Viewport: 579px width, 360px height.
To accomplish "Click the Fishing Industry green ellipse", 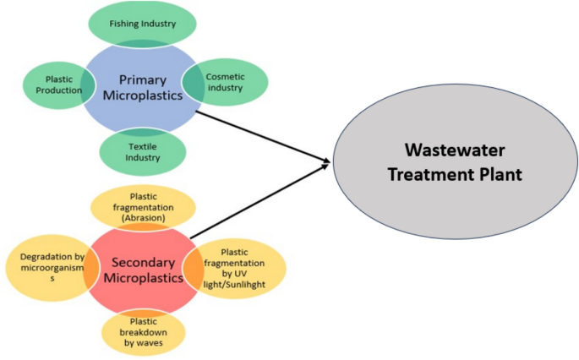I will [143, 23].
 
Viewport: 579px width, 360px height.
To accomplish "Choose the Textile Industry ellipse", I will [142, 151].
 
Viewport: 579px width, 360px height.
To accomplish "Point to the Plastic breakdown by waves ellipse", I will [143, 333].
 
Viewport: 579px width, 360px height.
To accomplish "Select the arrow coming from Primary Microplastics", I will [262, 135].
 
